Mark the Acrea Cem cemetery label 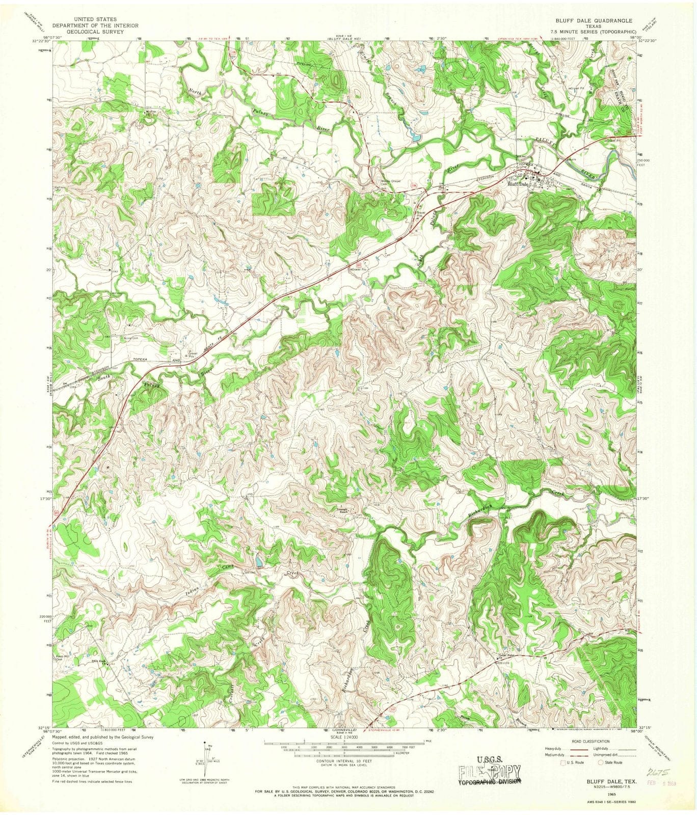click(129, 338)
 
